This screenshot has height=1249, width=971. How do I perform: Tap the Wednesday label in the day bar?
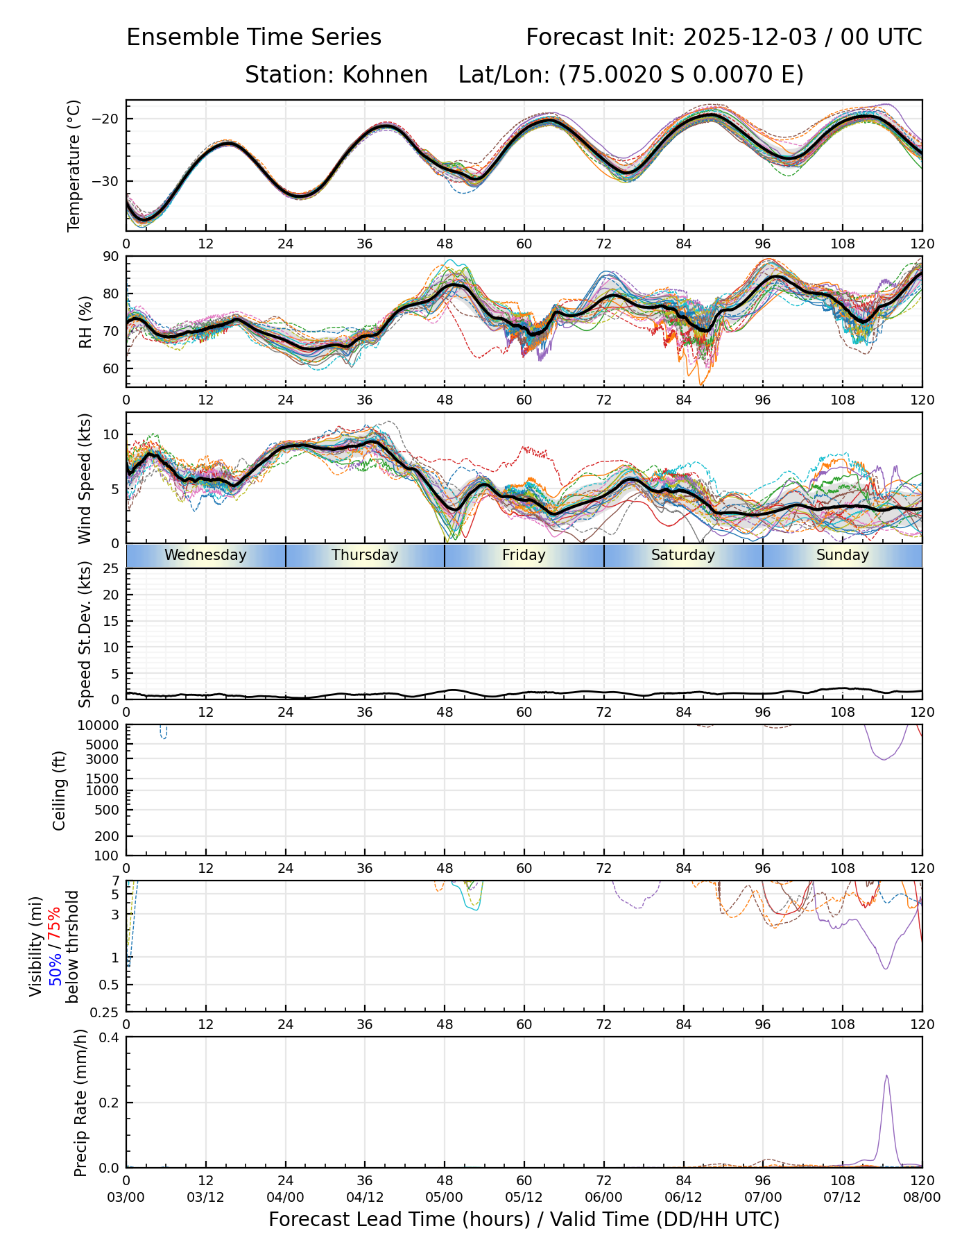coord(205,555)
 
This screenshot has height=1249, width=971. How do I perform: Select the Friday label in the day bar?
coord(524,555)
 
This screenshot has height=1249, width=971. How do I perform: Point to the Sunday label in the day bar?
coord(842,555)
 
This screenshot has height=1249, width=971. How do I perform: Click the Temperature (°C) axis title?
coord(74,165)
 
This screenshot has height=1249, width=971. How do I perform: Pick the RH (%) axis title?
coord(85,322)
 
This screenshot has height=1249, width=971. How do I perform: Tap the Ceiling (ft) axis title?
coord(60,790)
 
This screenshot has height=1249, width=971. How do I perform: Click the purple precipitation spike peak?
coord(886,1076)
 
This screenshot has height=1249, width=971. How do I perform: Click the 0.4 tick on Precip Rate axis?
coord(110,1037)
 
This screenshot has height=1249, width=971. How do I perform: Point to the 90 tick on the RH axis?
coord(111,257)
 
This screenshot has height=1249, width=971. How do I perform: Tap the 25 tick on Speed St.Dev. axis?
coord(111,569)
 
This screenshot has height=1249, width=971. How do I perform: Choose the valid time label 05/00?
coord(445,1198)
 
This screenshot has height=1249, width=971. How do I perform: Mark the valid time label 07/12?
coord(842,1198)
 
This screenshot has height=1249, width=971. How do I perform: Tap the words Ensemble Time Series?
coord(254,37)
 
